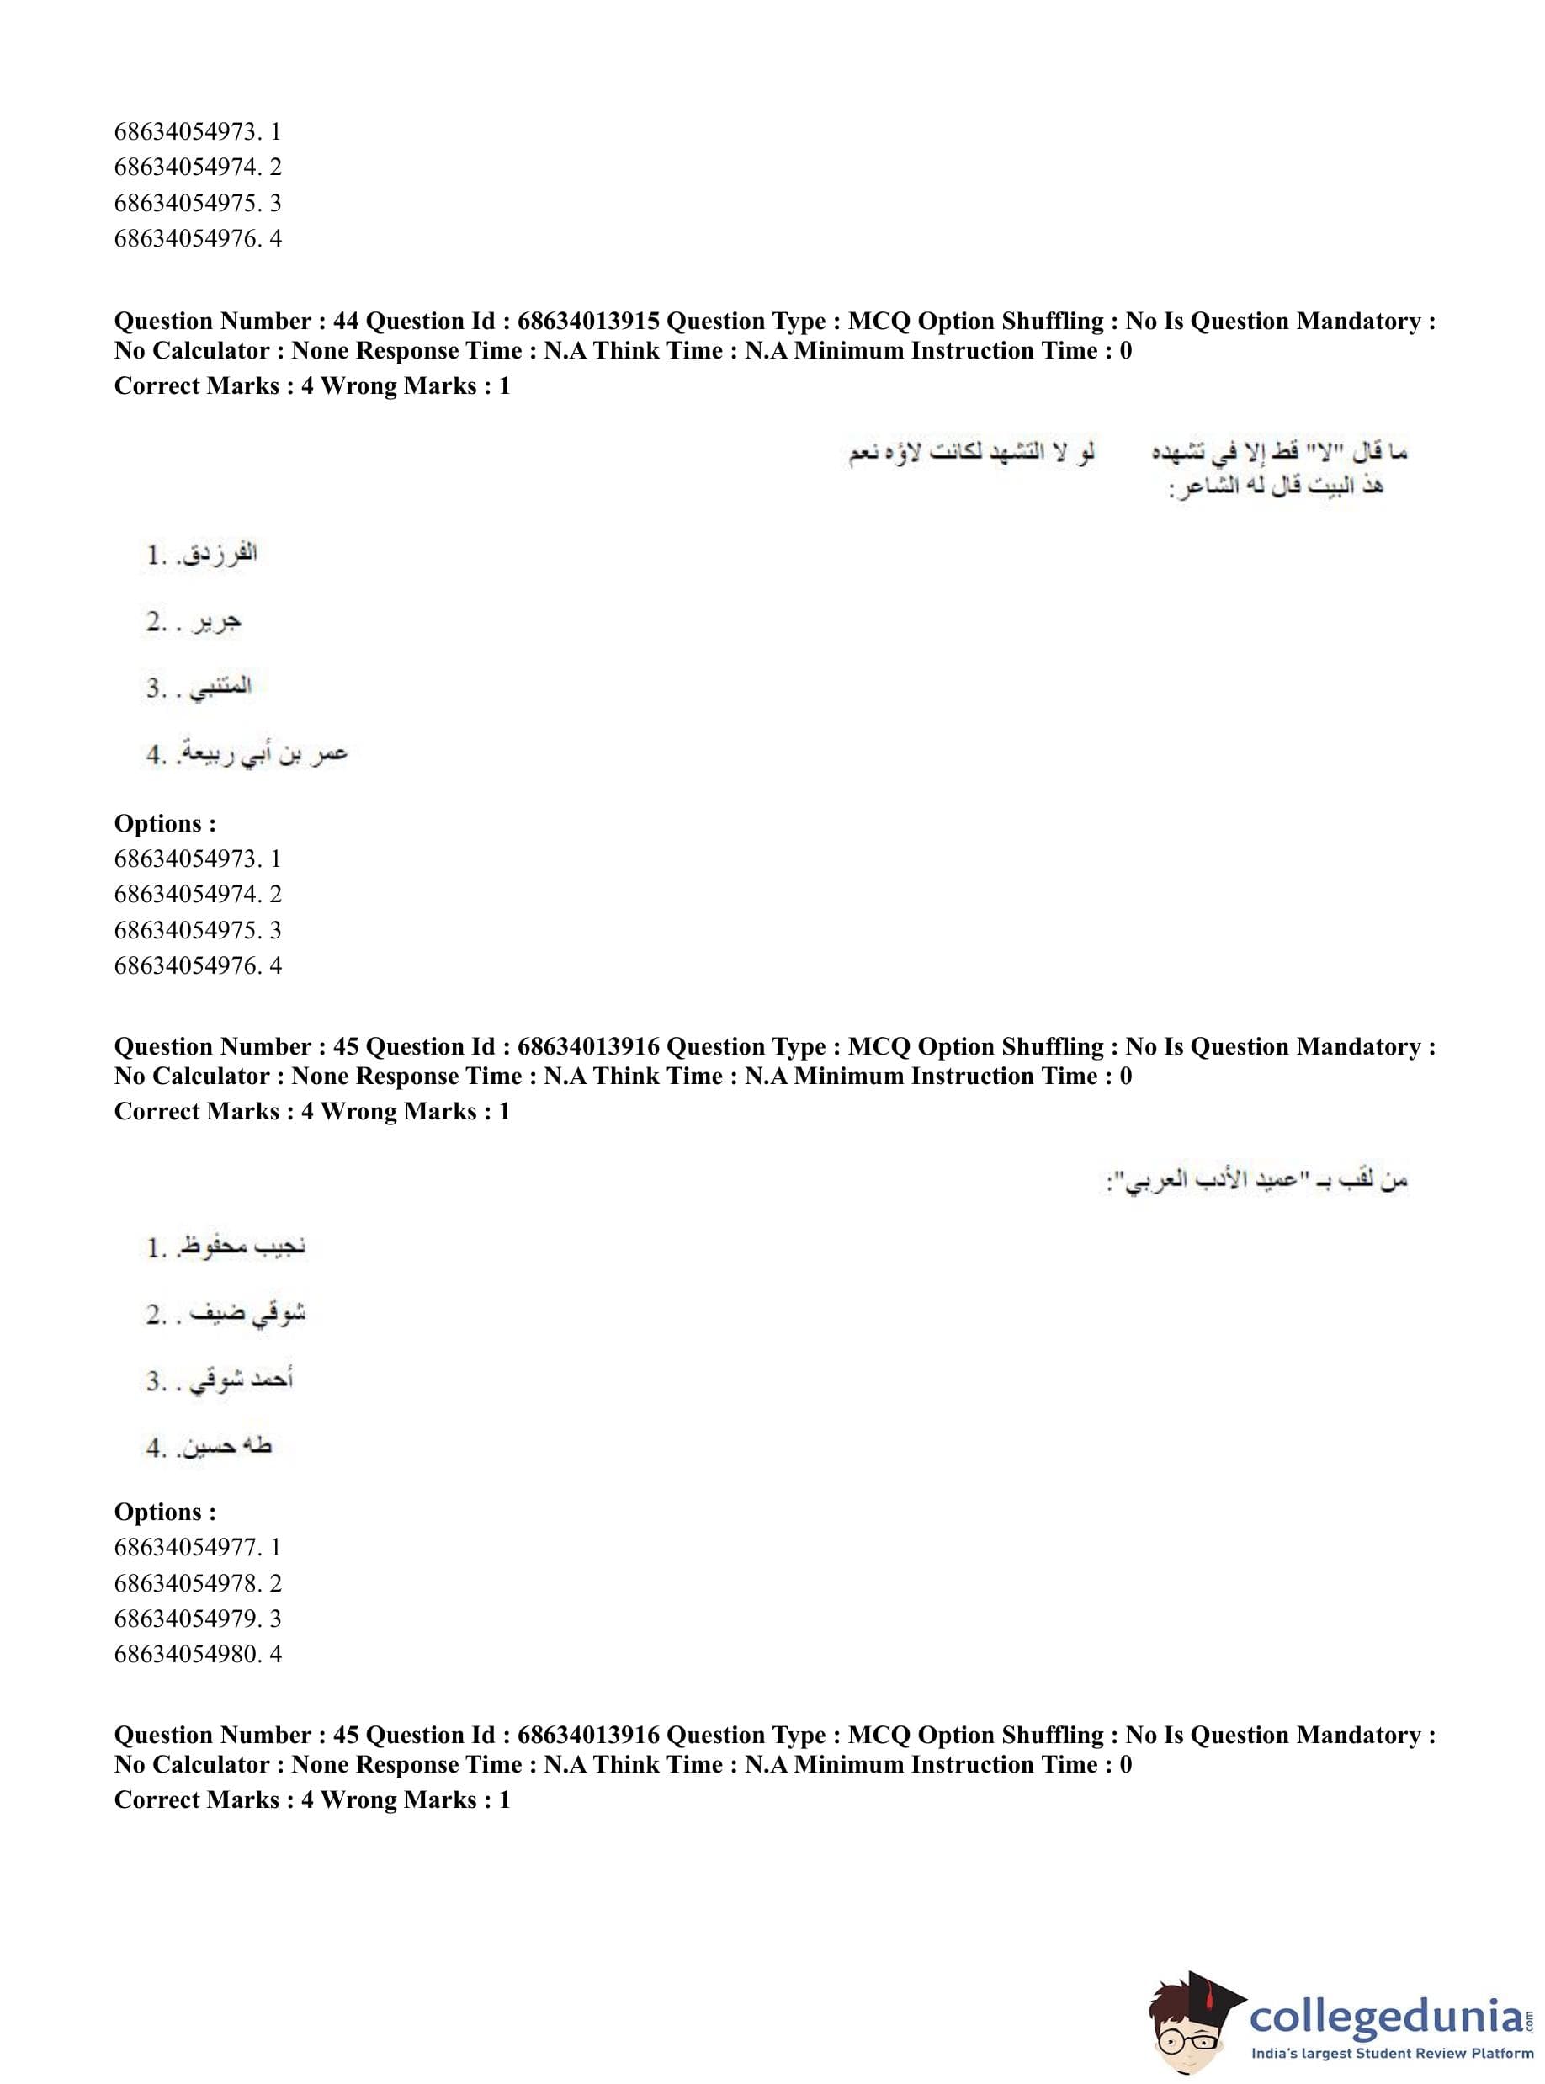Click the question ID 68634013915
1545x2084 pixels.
588,321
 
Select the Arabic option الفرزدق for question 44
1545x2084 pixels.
219,554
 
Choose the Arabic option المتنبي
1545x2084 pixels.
220,688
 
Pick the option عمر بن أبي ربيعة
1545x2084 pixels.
263,753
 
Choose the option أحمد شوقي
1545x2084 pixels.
242,1380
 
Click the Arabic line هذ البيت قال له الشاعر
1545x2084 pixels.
1276,486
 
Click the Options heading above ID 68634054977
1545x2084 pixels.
165,1512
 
